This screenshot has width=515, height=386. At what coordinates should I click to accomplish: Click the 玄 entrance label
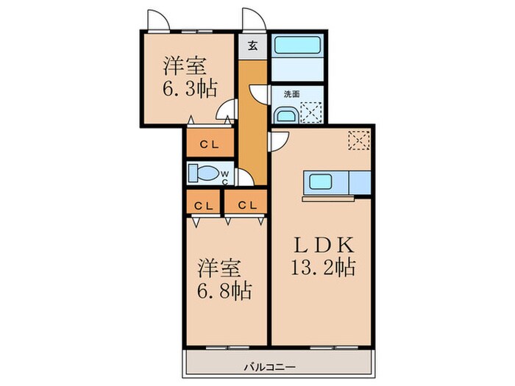tap(252, 45)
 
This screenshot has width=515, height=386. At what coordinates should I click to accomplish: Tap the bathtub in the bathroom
tap(297, 45)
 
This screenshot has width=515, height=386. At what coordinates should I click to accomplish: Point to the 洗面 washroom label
tap(292, 94)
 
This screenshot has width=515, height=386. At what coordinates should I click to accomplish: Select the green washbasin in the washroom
tap(285, 116)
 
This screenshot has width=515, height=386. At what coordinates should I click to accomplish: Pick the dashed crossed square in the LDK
tap(360, 140)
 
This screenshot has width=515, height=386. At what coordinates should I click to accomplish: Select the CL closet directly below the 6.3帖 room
tap(209, 144)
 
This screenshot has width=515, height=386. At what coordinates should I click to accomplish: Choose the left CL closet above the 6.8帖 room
tap(205, 204)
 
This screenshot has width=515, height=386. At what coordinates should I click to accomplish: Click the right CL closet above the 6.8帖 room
tap(246, 204)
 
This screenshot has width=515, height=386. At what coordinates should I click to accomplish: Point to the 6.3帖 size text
tap(189, 89)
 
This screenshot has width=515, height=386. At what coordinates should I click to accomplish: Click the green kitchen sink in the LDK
tap(322, 182)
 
